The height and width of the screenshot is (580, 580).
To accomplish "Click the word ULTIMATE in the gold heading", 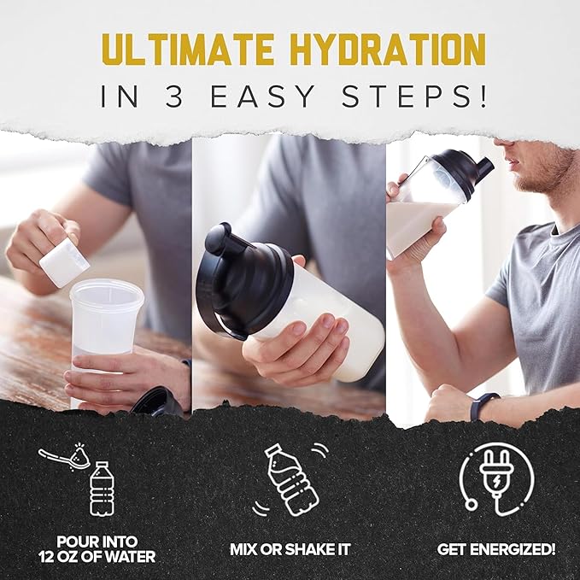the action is click(188, 50).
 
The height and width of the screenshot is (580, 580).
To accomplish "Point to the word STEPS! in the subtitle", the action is click(413, 97).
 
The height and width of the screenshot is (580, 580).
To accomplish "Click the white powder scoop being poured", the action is click(64, 262).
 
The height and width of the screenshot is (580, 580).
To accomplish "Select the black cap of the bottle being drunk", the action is click(462, 169).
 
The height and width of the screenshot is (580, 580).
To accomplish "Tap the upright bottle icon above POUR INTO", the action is click(102, 489).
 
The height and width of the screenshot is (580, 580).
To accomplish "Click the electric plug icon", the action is click(496, 479).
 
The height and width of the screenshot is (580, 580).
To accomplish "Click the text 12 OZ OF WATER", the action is click(97, 557).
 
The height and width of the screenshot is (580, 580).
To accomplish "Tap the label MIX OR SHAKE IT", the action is click(290, 549).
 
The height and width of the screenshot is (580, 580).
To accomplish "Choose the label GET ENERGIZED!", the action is click(496, 549).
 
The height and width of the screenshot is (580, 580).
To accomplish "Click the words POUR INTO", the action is click(97, 542).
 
